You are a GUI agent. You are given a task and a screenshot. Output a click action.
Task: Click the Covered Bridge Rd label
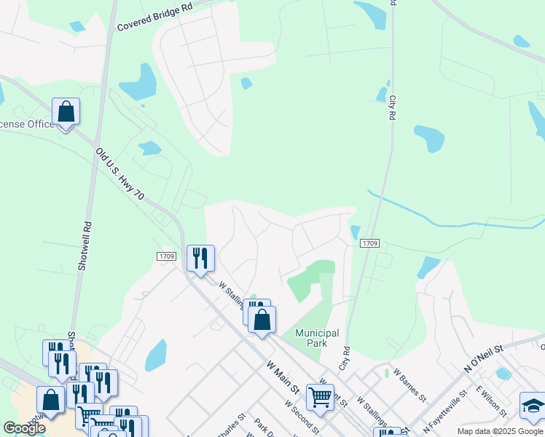[154, 17]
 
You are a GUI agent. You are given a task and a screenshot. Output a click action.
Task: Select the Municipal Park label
[317, 338]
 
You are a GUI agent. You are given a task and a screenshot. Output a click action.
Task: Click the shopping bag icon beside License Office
[66, 112]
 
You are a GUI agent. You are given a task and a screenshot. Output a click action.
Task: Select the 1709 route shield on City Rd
[369, 243]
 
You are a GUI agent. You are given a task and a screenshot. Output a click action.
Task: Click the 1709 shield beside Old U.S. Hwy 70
[165, 256]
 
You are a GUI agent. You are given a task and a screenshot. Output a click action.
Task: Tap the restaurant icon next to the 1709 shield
[200, 258]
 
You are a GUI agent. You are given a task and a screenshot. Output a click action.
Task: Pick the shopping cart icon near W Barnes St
[320, 397]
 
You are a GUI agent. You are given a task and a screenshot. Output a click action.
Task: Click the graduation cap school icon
[533, 406]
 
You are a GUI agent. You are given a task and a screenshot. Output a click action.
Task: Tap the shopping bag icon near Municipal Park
[262, 319]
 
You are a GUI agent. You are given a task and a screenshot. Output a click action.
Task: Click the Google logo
[24, 428]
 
